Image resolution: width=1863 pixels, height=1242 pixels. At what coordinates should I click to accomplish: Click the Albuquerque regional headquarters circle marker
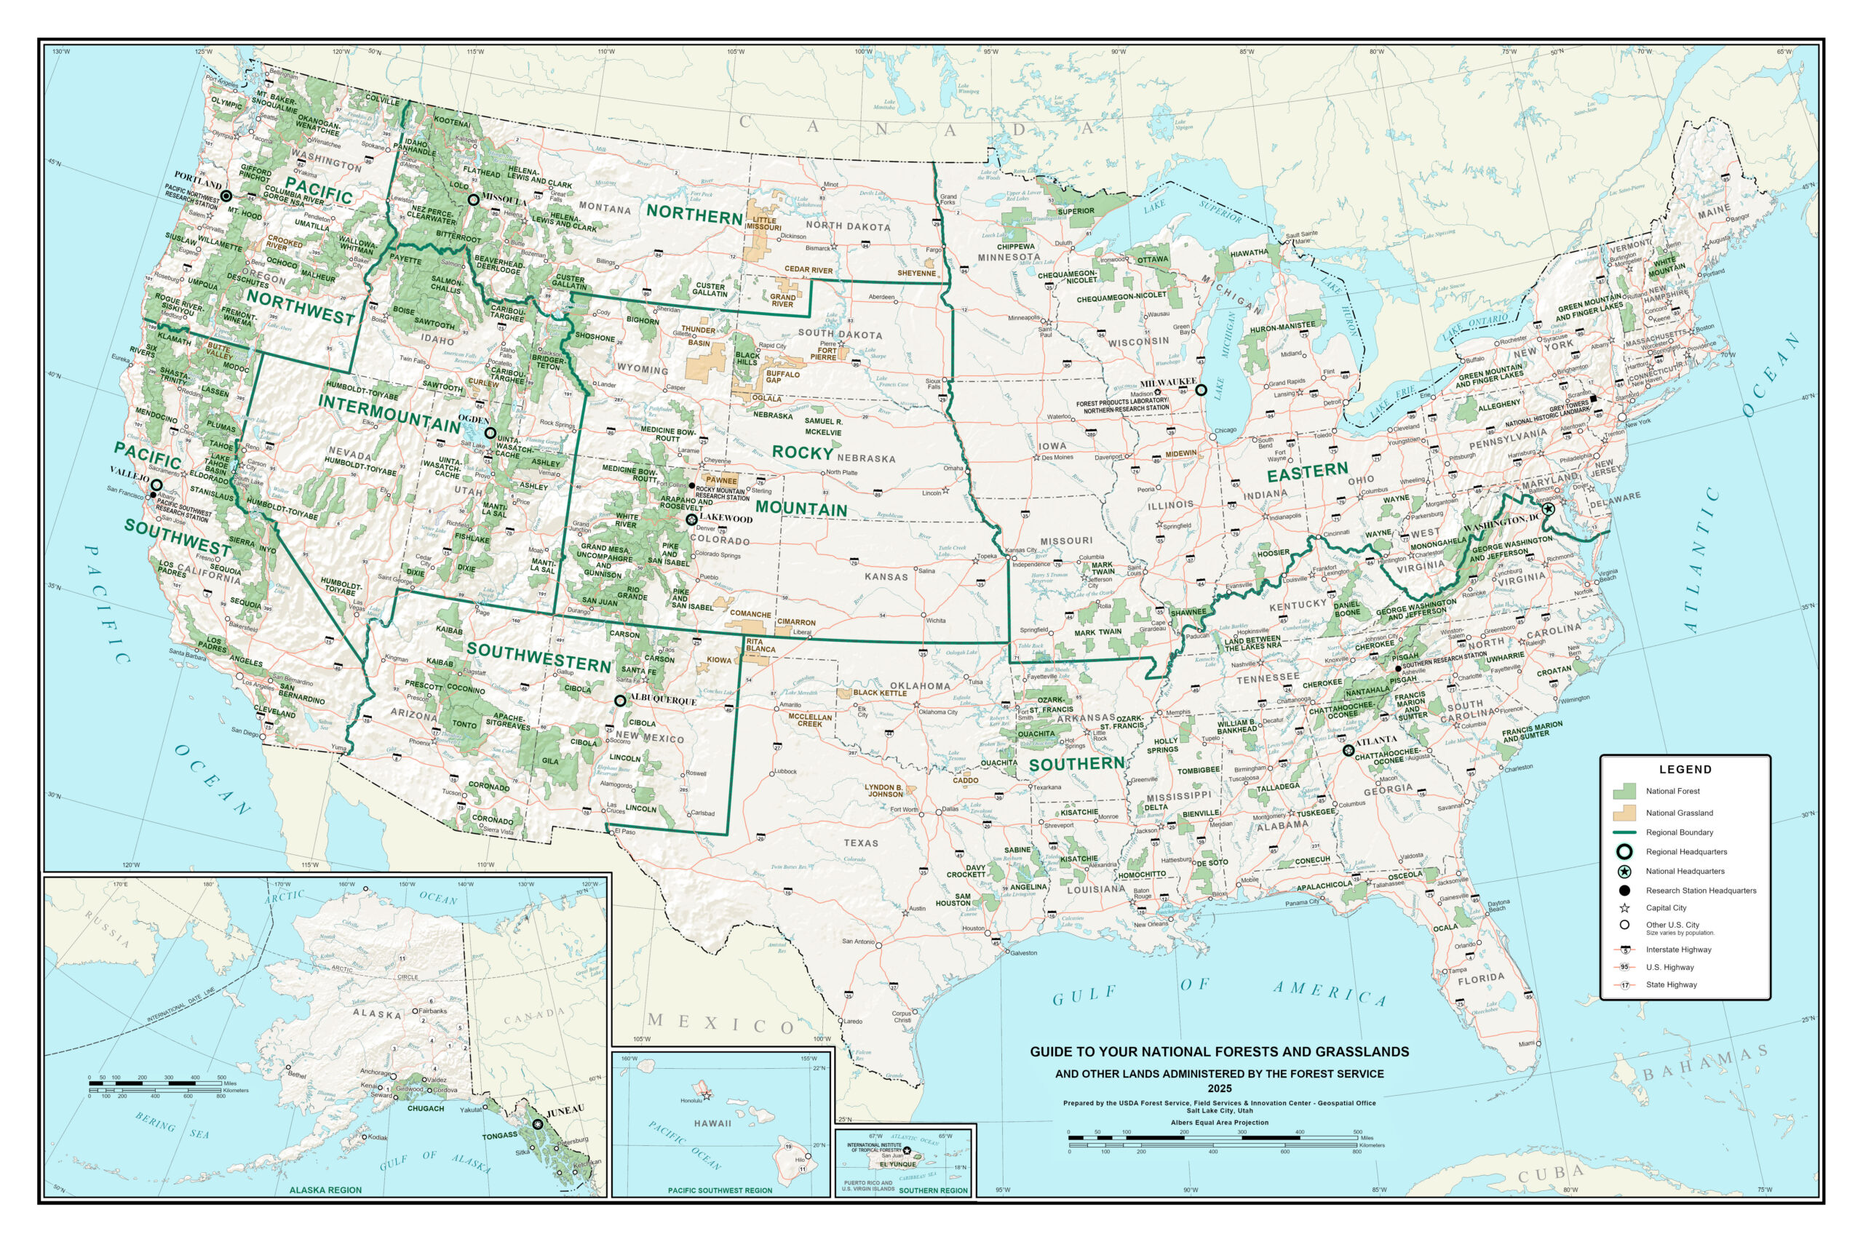[x=620, y=701]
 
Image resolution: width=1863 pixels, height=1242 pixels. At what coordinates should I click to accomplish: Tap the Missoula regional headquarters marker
[x=474, y=199]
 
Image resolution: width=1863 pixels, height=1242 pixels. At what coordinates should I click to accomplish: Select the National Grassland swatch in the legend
[x=1624, y=813]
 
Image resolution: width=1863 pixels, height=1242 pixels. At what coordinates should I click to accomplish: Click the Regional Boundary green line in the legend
[x=1624, y=832]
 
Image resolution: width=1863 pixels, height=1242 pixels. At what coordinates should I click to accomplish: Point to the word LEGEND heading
[x=1685, y=769]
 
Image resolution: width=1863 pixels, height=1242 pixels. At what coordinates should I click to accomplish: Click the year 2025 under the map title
[x=1219, y=1089]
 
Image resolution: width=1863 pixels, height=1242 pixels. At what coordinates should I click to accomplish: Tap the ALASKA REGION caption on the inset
[x=325, y=1190]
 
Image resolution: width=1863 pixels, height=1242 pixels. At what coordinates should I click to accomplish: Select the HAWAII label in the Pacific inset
[x=712, y=1123]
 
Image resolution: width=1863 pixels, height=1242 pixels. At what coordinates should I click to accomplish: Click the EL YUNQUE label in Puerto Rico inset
[x=897, y=1164]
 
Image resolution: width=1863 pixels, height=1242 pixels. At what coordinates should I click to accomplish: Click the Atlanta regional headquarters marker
[x=1348, y=750]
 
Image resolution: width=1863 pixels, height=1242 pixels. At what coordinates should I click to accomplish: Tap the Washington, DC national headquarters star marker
[x=1548, y=509]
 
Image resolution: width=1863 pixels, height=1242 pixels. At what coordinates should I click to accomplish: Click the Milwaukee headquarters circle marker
[x=1201, y=390]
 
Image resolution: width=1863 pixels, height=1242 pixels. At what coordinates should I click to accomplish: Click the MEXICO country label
[x=720, y=1024]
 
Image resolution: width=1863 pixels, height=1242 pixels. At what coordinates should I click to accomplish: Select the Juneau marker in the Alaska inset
[x=538, y=1124]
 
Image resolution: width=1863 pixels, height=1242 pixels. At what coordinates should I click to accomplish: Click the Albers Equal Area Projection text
[x=1219, y=1123]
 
